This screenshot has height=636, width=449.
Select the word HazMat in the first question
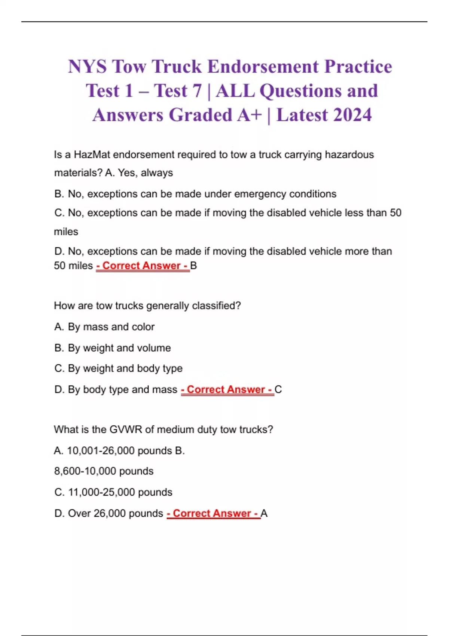tap(92, 155)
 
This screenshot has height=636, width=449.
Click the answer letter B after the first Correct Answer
tap(193, 266)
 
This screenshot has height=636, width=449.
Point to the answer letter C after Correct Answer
tap(278, 389)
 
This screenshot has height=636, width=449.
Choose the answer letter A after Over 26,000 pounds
tap(264, 513)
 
